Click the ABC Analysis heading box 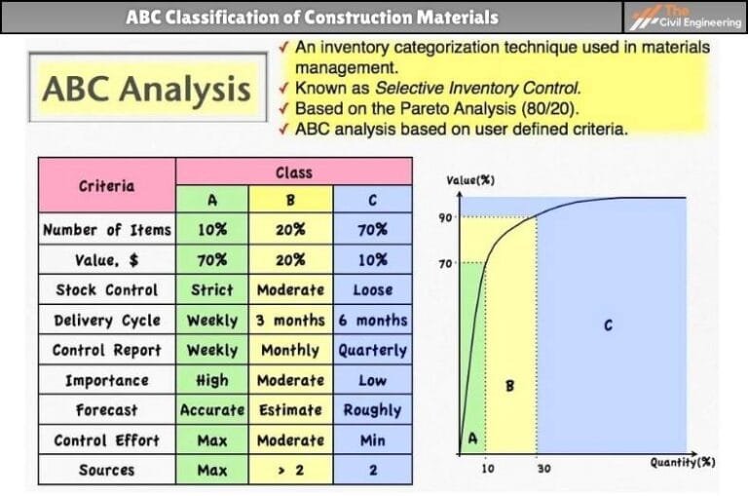click(x=146, y=90)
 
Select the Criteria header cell click(x=107, y=185)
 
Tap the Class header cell click(x=293, y=172)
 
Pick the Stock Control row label click(x=107, y=289)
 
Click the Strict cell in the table click(x=211, y=289)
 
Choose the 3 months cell click(x=290, y=320)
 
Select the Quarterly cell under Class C click(x=372, y=350)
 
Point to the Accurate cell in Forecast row click(x=211, y=410)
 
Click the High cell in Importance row click(x=211, y=380)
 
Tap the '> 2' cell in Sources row click(x=290, y=470)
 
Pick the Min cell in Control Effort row click(x=372, y=440)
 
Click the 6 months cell click(x=372, y=320)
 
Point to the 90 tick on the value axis click(x=444, y=217)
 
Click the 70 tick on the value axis click(x=444, y=262)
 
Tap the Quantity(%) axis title click(x=683, y=462)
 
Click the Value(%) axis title click(x=467, y=181)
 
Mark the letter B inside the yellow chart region click(x=509, y=386)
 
